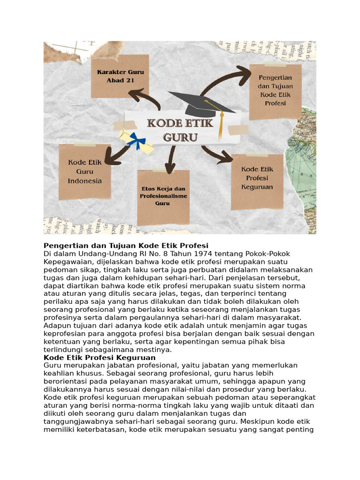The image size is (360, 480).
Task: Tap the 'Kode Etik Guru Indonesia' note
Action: tap(85, 172)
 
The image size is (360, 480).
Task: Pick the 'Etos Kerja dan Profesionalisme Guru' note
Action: tap(163, 196)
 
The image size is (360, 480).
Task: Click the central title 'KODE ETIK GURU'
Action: tap(180, 130)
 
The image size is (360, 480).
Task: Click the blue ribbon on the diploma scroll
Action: tap(137, 140)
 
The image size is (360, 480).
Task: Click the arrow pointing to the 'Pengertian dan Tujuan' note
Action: tap(225, 80)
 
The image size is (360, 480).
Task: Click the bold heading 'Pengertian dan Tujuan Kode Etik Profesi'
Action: tap(126, 246)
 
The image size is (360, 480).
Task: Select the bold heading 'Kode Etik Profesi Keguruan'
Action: tap(99, 358)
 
